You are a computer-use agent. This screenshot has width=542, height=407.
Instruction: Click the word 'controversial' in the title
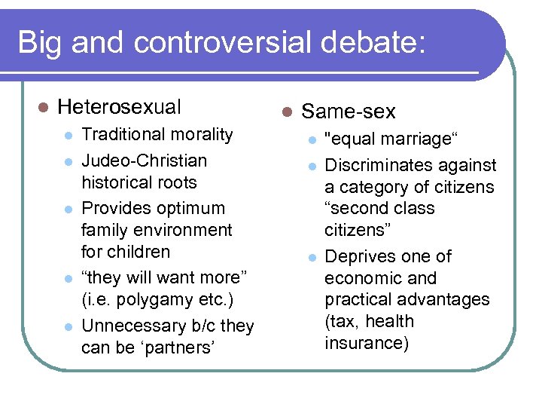pos(223,42)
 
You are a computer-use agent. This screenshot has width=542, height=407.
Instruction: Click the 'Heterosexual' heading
pos(119,107)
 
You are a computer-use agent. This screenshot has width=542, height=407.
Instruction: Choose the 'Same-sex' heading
pos(348,112)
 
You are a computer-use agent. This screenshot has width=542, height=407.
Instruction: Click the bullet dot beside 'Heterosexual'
pos(43,108)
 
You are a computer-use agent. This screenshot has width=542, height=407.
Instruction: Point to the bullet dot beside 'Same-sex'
pos(286,112)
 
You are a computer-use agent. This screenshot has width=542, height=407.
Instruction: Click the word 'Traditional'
pos(123,135)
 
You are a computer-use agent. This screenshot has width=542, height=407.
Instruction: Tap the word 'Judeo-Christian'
pos(144,161)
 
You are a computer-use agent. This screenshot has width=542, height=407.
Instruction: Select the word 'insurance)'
pos(366,343)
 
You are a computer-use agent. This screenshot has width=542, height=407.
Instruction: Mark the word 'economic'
pos(361,278)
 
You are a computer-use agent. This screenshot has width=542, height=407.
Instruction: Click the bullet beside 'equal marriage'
pos(310,140)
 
